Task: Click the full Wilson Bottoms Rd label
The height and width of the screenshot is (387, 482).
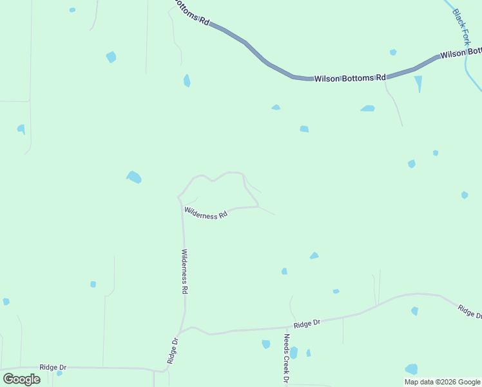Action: click(349, 78)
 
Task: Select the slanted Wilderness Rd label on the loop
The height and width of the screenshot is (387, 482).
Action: click(206, 212)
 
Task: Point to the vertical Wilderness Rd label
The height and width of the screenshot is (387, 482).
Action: click(184, 272)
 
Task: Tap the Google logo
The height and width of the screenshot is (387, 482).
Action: click(22, 379)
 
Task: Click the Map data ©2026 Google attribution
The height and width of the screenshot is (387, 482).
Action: click(442, 382)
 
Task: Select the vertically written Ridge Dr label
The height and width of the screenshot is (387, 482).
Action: click(173, 350)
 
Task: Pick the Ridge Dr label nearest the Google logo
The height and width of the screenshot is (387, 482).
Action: click(53, 366)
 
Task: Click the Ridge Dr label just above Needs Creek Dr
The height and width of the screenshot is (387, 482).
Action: click(307, 323)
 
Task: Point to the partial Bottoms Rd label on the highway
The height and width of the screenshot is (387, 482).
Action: click(191, 12)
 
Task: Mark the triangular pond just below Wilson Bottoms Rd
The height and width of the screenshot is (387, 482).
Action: click(419, 83)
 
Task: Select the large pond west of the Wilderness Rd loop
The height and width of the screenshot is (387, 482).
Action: click(134, 177)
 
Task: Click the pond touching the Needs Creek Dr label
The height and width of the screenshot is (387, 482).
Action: click(294, 352)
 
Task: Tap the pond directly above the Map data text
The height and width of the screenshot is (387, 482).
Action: click(411, 369)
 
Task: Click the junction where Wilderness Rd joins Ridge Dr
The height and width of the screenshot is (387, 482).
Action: click(182, 330)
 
